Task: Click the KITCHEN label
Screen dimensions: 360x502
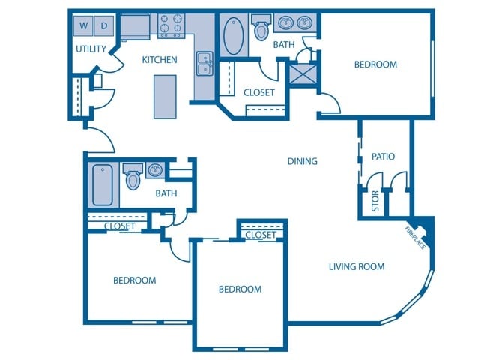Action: point(160,60)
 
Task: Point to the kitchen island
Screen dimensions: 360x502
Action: point(165,97)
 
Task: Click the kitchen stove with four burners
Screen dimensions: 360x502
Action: point(171,27)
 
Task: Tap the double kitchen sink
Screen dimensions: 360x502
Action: point(203,64)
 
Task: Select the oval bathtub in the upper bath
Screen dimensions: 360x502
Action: point(233,36)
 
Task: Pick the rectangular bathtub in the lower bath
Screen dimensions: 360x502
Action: point(102,184)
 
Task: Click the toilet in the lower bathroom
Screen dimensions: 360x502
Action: point(133,178)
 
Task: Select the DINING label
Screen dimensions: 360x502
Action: point(303,161)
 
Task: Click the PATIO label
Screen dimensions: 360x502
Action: point(383,157)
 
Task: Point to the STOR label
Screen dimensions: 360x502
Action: point(375,201)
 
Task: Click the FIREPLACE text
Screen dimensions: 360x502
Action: point(416,237)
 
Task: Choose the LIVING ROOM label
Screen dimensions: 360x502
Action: point(357,266)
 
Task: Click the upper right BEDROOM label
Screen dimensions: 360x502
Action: point(375,64)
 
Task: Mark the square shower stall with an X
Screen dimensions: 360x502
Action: point(303,76)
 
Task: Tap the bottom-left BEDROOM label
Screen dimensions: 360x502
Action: point(135,280)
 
